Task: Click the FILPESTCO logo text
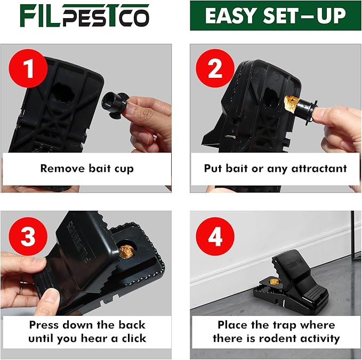pos(85,15)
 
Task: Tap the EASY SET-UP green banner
pos(275,16)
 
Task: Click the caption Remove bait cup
pos(87,169)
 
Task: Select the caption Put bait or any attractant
pos(275,169)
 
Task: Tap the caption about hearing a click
pos(87,331)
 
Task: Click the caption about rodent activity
pos(275,331)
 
